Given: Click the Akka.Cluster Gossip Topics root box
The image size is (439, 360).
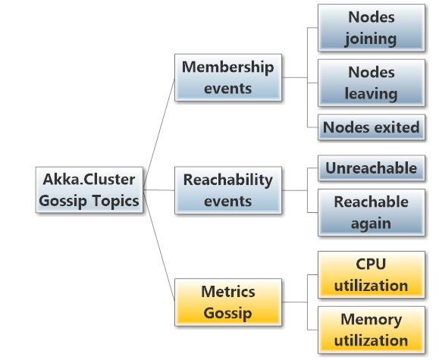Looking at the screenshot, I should click(89, 189).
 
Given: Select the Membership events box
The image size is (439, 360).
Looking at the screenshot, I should click(227, 77).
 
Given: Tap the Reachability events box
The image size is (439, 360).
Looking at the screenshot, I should click(227, 189).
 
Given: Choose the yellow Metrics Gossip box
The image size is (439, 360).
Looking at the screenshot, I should click(227, 302).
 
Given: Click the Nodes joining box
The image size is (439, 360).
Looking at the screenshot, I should click(372, 27).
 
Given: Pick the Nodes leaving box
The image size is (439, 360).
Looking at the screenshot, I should click(372, 83).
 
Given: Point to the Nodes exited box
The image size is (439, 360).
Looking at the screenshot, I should click(372, 127).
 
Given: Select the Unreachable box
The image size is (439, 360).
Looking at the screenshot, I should click(372, 167).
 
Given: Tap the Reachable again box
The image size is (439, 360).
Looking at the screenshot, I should click(372, 212).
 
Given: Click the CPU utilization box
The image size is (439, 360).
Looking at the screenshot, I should click(372, 274).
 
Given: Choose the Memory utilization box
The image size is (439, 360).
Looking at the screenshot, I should click(372, 330).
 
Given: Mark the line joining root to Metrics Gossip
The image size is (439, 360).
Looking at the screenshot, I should click(158, 250).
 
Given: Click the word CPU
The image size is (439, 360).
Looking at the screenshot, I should click(372, 265).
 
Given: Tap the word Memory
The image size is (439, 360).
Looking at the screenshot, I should click(372, 319).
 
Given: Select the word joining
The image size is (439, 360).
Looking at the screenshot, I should click(372, 37).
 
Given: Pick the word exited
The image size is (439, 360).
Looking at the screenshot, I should click(395, 127).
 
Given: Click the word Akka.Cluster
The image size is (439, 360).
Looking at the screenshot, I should click(89, 180).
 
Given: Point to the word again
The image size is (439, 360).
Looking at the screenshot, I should click(372, 223).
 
